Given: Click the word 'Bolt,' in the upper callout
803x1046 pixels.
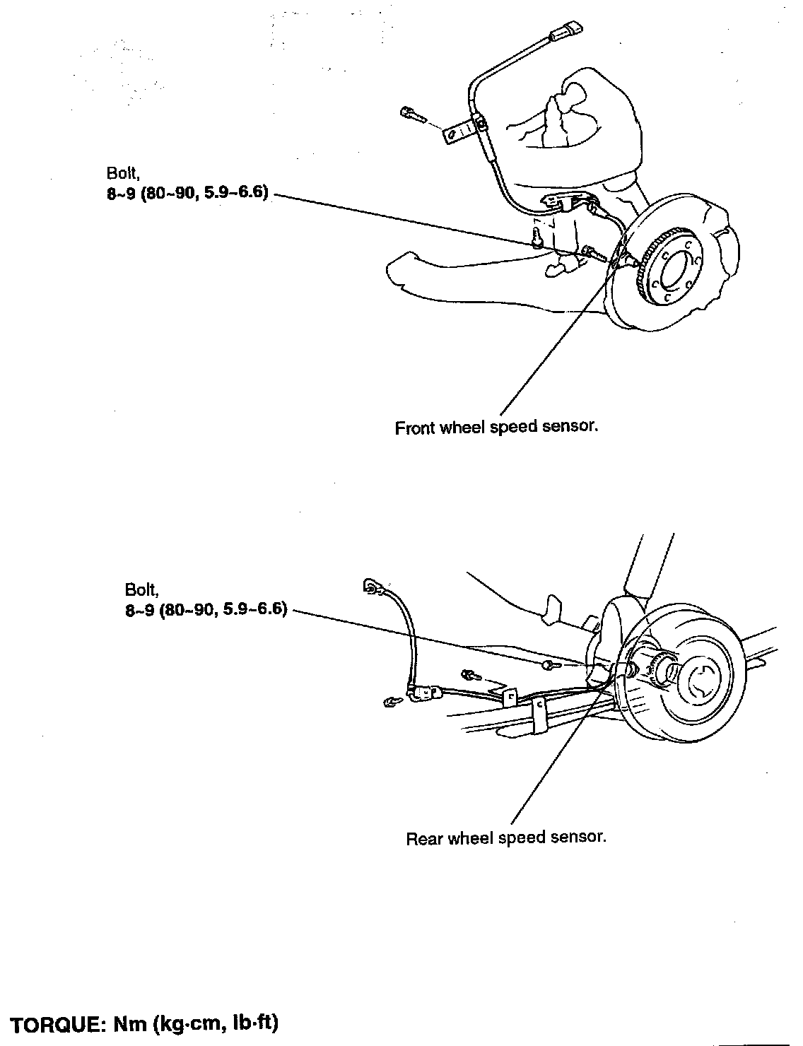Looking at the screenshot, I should [x=121, y=173].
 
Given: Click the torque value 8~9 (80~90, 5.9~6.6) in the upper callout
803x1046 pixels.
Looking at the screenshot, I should [x=188, y=194].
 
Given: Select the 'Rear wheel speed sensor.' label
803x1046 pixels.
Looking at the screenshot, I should [x=506, y=838].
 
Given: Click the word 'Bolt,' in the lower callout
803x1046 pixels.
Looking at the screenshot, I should [x=139, y=589].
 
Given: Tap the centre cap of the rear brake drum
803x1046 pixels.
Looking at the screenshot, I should [x=700, y=681].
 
